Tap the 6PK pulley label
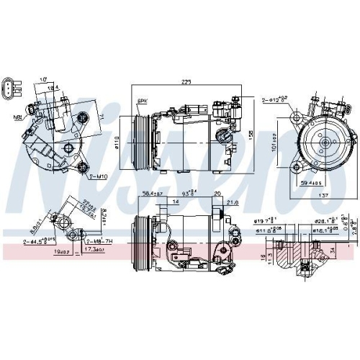tap(143, 101)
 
